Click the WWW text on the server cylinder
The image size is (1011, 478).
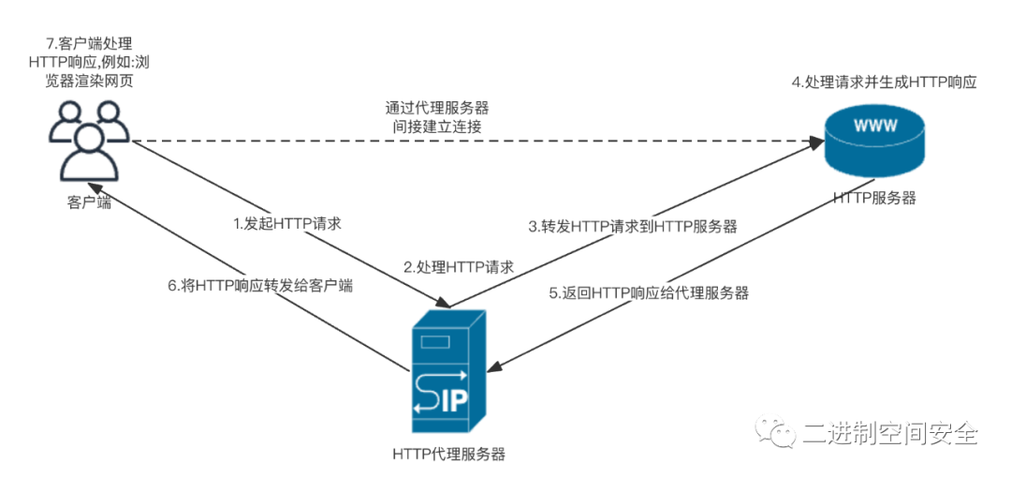(x=873, y=123)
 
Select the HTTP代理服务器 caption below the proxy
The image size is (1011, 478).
(x=448, y=454)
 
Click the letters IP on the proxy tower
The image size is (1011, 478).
(x=456, y=401)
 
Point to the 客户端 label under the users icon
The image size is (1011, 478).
(x=89, y=202)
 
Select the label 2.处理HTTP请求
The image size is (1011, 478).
(x=459, y=267)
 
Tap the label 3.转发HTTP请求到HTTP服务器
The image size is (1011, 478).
(x=633, y=226)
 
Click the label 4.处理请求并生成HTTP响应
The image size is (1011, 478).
(x=885, y=82)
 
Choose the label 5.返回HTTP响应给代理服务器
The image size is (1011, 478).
(x=649, y=292)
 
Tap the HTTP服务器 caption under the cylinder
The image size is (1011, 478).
(x=873, y=198)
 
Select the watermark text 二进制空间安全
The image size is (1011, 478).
(x=890, y=434)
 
